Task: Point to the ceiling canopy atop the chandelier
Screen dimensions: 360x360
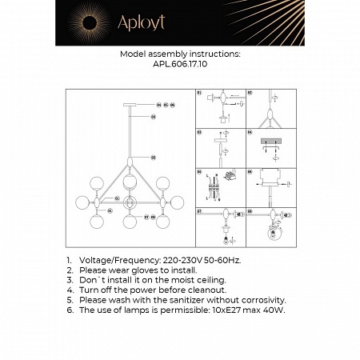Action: [130, 105]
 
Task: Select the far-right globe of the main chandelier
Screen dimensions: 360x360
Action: [178, 202]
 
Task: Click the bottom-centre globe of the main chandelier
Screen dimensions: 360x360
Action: [130, 221]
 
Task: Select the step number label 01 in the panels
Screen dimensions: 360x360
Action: [200, 94]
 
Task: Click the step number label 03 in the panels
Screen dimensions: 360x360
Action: [200, 132]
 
